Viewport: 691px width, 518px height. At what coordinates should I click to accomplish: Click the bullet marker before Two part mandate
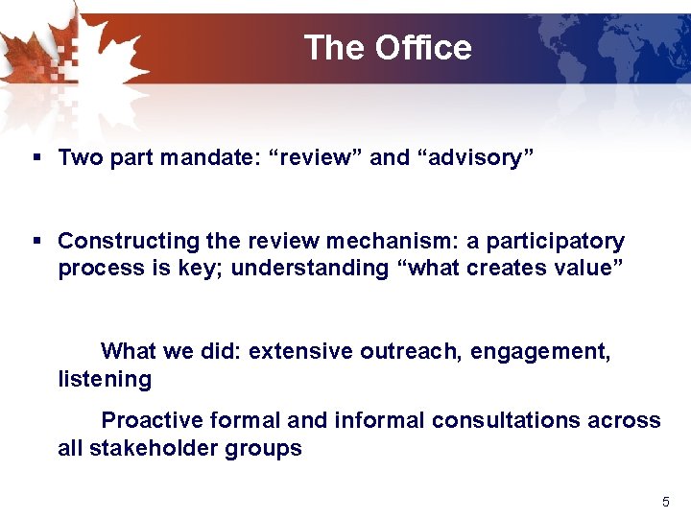click(x=36, y=157)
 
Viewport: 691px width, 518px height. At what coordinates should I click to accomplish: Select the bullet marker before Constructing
click(x=36, y=241)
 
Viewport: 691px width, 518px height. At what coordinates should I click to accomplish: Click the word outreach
click(x=415, y=352)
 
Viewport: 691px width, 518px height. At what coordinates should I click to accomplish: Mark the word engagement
click(x=544, y=352)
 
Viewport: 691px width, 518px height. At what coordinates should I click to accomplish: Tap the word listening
click(x=105, y=379)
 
